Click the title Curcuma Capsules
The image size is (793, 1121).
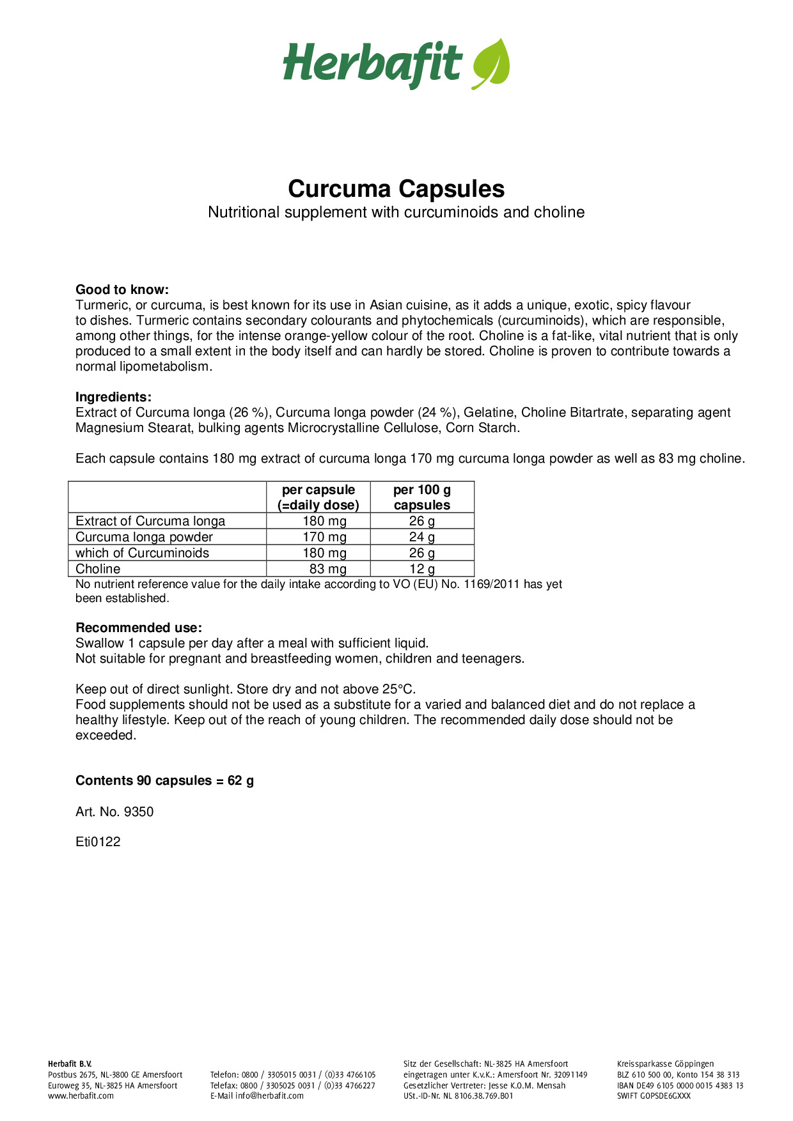point(396,189)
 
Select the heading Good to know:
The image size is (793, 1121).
point(122,290)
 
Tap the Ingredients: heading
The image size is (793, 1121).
point(113,397)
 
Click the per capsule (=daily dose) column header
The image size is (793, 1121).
point(318,497)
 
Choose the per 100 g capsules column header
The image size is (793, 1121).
point(422,497)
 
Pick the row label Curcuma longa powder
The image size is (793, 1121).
point(144,537)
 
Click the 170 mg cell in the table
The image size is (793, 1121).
point(324,537)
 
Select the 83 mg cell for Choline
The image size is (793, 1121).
point(327,569)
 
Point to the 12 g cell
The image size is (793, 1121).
point(422,569)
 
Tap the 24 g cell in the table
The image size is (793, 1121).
point(422,537)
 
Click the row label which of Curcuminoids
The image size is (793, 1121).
point(142,553)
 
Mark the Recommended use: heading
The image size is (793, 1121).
point(139,628)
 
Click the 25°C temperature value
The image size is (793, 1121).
point(398,689)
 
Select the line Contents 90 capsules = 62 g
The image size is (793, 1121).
point(164,780)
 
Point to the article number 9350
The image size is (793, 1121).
point(138,812)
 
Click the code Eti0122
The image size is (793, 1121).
point(98,842)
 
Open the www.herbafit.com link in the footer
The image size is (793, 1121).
point(81,1095)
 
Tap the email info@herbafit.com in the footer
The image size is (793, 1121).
point(269,1095)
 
